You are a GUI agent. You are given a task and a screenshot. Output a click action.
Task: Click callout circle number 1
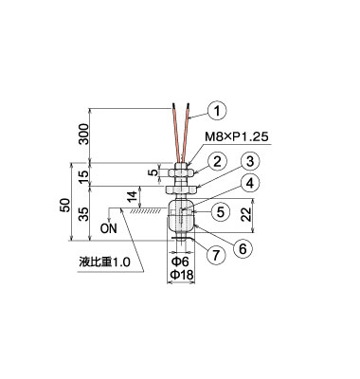(217, 112)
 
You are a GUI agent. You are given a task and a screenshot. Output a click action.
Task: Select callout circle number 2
(217, 162)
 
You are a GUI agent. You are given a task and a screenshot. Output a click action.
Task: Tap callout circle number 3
(250, 162)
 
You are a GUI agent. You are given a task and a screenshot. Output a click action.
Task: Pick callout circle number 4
(250, 183)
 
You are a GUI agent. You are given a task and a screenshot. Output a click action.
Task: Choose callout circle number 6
(243, 249)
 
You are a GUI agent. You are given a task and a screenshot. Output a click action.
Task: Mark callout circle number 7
(216, 255)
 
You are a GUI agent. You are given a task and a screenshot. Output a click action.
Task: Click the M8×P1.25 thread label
(237, 137)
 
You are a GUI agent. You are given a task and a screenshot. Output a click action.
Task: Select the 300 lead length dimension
(84, 134)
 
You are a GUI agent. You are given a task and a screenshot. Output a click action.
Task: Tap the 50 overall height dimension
(64, 206)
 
